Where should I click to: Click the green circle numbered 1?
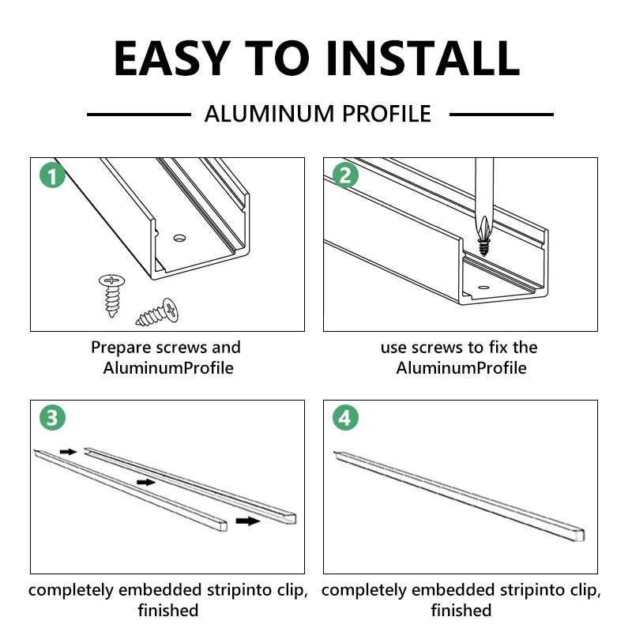(x=52, y=175)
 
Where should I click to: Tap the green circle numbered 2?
(x=345, y=175)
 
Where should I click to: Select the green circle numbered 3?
(x=52, y=417)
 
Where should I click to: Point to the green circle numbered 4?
(x=345, y=417)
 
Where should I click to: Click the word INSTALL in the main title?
(x=423, y=58)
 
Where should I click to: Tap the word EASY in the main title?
(x=172, y=58)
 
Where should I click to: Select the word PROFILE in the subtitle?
(x=387, y=114)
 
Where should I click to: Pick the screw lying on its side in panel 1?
(x=157, y=312)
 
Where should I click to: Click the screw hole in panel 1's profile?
(x=179, y=239)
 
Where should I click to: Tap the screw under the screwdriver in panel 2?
(x=484, y=246)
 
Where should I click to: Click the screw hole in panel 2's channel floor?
(x=483, y=288)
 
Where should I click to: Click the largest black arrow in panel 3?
(x=248, y=521)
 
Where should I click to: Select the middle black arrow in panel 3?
(x=146, y=482)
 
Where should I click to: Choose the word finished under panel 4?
(x=461, y=610)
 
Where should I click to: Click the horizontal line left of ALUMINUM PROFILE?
(x=139, y=115)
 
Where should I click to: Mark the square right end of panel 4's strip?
(x=580, y=535)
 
